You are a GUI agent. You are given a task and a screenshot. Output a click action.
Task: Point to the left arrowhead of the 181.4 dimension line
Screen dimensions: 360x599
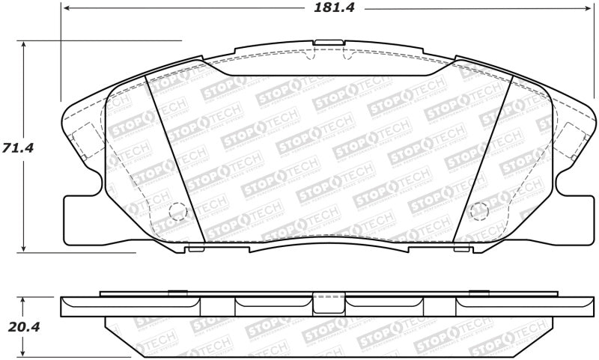[x=66, y=9]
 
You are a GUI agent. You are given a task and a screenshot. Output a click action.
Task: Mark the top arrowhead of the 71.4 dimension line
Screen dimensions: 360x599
[x=25, y=45]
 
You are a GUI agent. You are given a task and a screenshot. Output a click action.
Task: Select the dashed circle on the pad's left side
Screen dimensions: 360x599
[x=178, y=212]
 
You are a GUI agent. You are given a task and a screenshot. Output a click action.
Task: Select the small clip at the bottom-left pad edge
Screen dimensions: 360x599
[x=195, y=248]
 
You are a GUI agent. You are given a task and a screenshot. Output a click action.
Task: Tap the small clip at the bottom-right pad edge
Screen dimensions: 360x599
[x=462, y=248]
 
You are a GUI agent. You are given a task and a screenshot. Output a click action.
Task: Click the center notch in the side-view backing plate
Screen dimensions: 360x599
[x=323, y=302]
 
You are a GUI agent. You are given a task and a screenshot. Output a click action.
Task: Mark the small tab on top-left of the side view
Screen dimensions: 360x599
[x=177, y=292]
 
